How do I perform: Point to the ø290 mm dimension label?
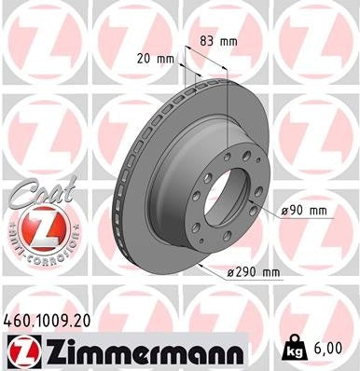pos(255,272)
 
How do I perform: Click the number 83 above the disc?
pos(208,40)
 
